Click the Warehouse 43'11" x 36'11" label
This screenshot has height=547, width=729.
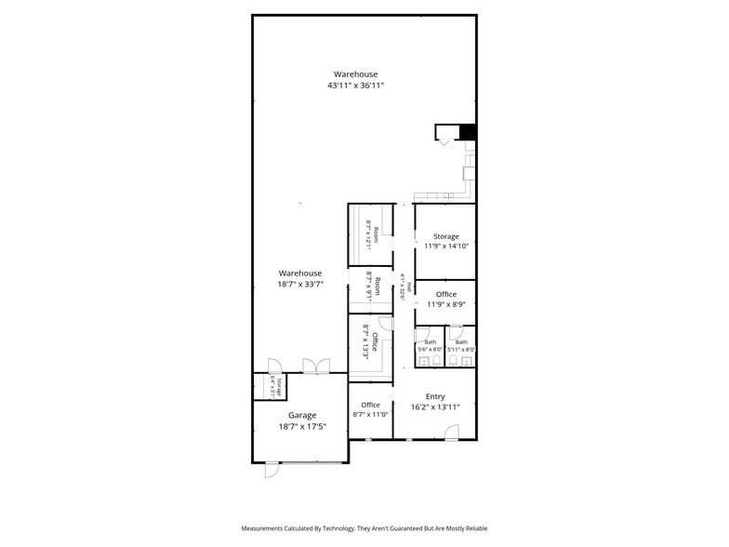click(x=355, y=79)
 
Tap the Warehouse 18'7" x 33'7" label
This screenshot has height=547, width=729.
click(x=299, y=278)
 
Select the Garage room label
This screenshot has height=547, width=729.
click(x=301, y=420)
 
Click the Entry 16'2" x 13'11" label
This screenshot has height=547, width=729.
click(x=435, y=401)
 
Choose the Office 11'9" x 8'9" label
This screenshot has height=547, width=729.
click(x=446, y=299)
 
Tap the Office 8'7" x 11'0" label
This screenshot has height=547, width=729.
click(x=370, y=409)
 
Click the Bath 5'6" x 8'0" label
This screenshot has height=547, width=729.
click(x=431, y=345)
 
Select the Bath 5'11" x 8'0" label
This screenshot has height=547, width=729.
click(x=462, y=345)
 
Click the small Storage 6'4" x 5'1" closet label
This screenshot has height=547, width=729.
click(x=274, y=385)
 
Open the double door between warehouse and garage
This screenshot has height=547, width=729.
click(x=316, y=367)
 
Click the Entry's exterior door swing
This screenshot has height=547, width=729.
click(x=451, y=431)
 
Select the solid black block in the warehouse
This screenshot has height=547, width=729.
click(x=468, y=132)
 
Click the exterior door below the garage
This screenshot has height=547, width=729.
click(x=272, y=470)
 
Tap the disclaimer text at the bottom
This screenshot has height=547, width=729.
click(x=364, y=528)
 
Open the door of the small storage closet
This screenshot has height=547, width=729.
click(x=273, y=366)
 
